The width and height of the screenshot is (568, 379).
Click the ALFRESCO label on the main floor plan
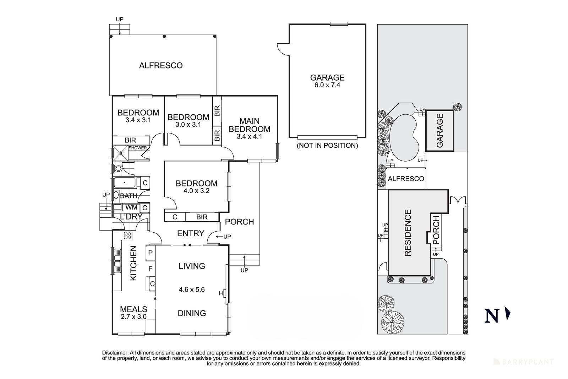(x=161, y=65)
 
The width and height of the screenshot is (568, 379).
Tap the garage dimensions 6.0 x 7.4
(x=327, y=85)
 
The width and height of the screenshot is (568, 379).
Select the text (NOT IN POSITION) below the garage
(x=327, y=145)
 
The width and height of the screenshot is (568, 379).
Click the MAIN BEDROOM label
(x=250, y=125)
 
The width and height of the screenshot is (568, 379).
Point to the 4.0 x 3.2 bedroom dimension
(x=196, y=190)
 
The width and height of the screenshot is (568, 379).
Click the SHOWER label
(x=138, y=148)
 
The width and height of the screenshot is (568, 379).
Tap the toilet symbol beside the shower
(x=119, y=168)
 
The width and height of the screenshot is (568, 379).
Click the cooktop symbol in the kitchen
(x=128, y=235)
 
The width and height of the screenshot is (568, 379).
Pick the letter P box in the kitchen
(x=151, y=253)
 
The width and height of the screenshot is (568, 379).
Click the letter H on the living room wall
(x=221, y=293)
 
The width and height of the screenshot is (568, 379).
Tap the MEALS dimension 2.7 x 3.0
(x=133, y=317)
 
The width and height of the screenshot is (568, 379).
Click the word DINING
(x=192, y=313)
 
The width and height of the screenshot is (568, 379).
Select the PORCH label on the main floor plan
(x=240, y=222)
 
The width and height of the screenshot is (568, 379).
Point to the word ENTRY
(x=191, y=233)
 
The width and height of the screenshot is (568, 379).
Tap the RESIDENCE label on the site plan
(x=408, y=233)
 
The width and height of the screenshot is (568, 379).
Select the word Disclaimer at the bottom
(x=115, y=353)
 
